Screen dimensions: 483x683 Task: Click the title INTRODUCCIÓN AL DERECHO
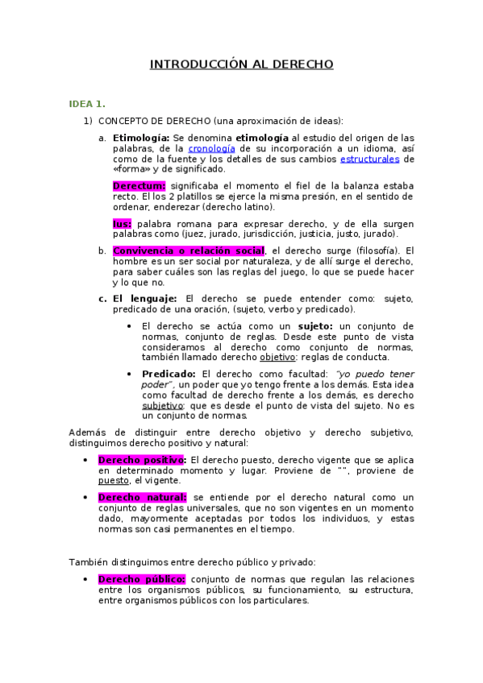point(241,64)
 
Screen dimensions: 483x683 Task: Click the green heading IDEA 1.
point(87,104)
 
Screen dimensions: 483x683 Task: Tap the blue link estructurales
point(369,159)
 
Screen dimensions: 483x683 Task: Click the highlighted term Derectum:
point(139,185)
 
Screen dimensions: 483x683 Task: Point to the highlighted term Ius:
point(122,222)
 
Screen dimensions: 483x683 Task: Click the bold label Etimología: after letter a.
point(141,138)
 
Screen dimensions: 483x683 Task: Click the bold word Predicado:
point(169,374)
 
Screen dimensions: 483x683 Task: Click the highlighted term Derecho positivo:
point(142,459)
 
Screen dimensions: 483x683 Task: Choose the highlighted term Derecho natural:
point(142,497)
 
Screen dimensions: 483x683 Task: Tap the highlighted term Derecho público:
point(141,579)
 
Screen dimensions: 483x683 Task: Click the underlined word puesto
point(114,480)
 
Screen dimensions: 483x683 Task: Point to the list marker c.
point(102,298)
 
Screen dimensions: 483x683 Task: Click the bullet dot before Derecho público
point(85,579)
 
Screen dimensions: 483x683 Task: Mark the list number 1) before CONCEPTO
point(89,121)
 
